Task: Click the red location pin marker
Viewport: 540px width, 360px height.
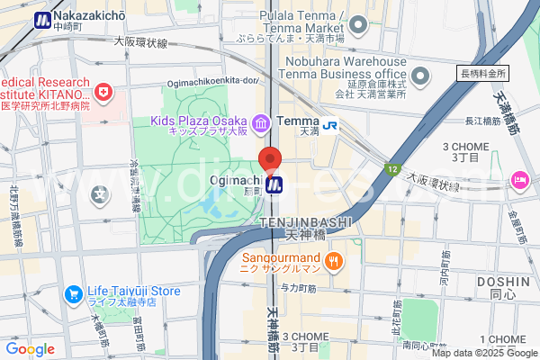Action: [x=271, y=160]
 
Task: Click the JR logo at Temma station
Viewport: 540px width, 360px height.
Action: [x=331, y=127]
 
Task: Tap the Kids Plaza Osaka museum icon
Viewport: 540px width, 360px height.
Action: [x=261, y=121]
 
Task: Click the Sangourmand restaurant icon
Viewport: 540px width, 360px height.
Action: [x=333, y=262]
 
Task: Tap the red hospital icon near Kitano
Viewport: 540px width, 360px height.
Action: [x=105, y=92]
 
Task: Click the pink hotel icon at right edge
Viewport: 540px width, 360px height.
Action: [x=520, y=180]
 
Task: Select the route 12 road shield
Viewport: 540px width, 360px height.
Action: [x=391, y=167]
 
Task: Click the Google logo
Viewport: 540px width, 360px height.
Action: [x=30, y=349]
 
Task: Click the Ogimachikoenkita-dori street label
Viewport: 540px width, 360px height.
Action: [x=217, y=80]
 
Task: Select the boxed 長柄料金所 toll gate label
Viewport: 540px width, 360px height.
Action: [x=483, y=74]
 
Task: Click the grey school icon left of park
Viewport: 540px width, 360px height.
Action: [x=101, y=193]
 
